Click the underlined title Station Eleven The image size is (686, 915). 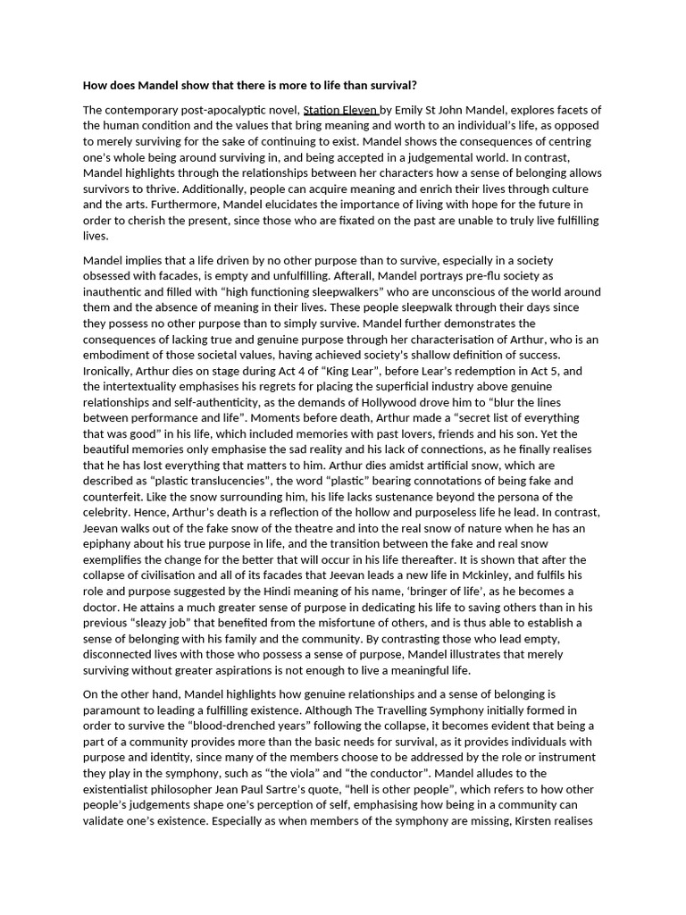tap(340, 110)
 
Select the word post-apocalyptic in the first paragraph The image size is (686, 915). tap(221, 110)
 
